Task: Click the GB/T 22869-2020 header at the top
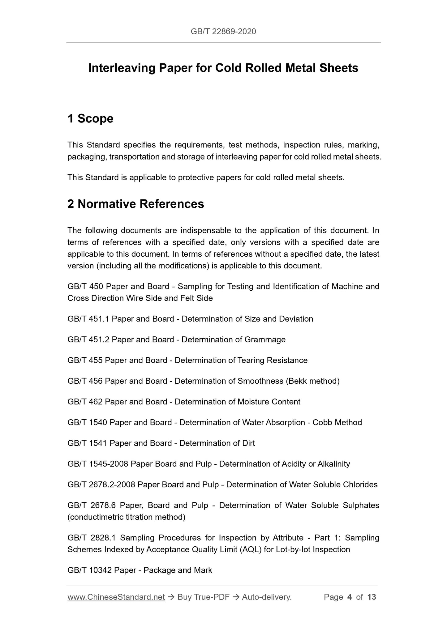point(223,31)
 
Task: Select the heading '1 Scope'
point(90,118)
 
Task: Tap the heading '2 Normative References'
point(136,204)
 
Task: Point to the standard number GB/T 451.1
point(88,319)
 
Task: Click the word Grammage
point(265,339)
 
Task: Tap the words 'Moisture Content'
point(269,402)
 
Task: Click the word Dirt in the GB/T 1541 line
point(248,443)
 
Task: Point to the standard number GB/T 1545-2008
point(98,464)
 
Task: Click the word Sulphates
point(361,505)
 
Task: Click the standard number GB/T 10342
point(89,570)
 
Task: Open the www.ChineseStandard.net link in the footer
point(116,597)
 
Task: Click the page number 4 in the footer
point(350,597)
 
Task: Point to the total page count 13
point(372,597)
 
